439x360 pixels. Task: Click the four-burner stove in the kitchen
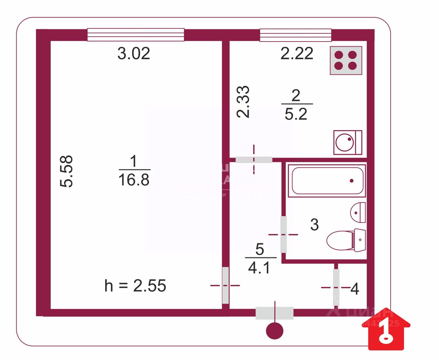[346, 60]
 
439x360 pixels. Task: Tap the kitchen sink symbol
[347, 142]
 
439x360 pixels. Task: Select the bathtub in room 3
[327, 181]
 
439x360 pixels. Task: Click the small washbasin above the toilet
[358, 212]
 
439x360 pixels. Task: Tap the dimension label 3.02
[134, 54]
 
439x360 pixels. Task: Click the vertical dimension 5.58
[67, 171]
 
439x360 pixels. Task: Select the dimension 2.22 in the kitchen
[297, 54]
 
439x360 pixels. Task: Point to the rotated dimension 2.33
[244, 102]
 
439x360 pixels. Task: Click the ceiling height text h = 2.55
[135, 286]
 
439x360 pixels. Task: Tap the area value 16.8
[134, 180]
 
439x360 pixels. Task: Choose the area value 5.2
[296, 114]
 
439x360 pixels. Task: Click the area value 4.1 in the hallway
[259, 268]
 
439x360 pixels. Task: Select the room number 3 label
[315, 225]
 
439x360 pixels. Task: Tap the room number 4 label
[355, 289]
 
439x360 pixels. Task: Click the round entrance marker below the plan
[275, 331]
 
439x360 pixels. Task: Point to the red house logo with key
[386, 329]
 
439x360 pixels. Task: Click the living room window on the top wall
[135, 35]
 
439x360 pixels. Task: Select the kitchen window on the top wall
[295, 35]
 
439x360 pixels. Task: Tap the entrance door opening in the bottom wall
[274, 313]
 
